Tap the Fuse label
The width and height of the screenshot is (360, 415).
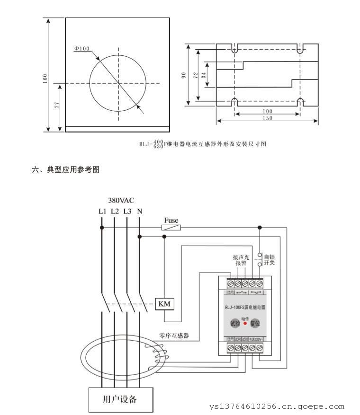pos(171,220)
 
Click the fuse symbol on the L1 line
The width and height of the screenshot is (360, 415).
pos(171,228)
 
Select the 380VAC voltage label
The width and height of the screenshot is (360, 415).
pos(121,200)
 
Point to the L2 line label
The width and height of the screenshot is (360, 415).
pos(115,211)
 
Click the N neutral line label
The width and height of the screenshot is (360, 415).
pos(139,211)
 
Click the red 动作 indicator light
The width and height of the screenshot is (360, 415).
pos(245,324)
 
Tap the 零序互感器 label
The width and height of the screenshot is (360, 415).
pos(174,336)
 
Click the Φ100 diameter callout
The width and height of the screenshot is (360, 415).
pos(82,48)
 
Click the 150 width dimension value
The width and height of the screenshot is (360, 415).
pos(267,118)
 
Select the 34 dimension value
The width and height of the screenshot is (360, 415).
pos(203,74)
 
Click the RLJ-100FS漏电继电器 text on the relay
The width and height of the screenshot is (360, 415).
pos(245,307)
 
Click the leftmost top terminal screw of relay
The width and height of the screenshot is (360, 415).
pos(231,283)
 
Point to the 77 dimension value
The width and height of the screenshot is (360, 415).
pos(57,105)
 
